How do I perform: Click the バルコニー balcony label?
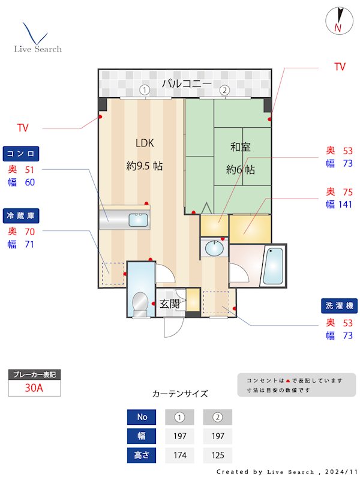186,83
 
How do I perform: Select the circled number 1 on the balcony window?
144,91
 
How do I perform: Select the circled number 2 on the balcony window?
224,91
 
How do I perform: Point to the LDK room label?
145,143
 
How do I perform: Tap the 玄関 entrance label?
170,304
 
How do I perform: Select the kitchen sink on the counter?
139,220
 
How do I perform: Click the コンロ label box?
22,153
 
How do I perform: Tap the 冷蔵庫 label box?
22,215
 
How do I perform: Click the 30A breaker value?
34,388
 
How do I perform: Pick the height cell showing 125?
218,455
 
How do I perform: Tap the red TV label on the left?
23,128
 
